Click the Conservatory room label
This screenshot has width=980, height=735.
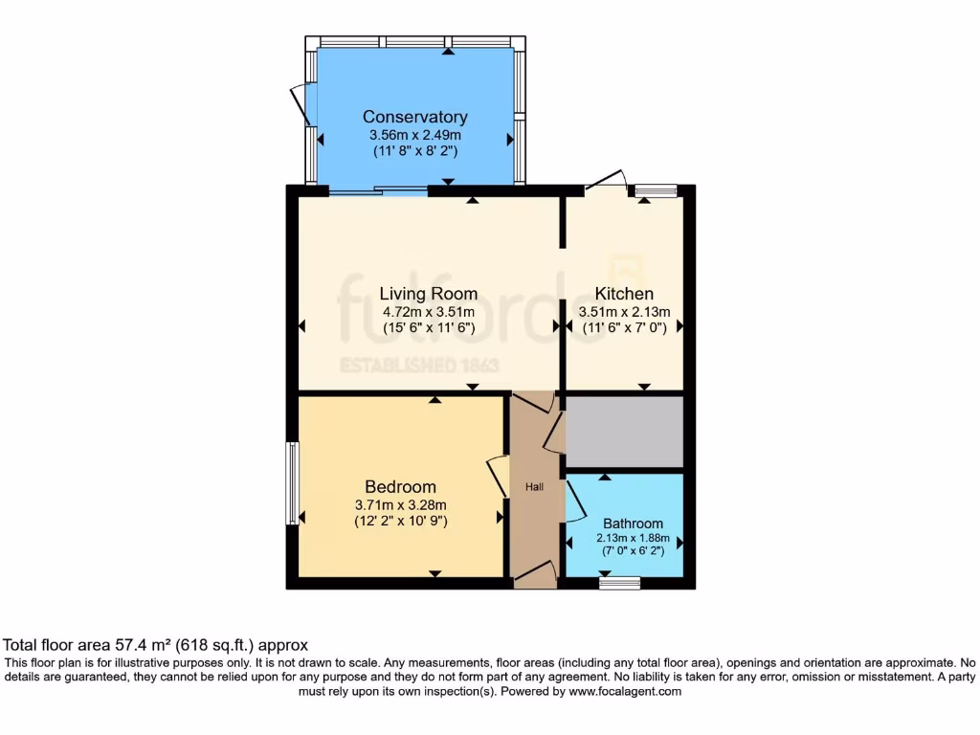[x=414, y=117]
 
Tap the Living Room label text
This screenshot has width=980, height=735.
[x=428, y=294]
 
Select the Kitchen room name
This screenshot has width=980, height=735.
[x=624, y=294]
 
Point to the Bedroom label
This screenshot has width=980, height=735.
[x=400, y=487]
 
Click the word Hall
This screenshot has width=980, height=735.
[x=534, y=487]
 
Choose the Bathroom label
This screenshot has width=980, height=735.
[x=633, y=523]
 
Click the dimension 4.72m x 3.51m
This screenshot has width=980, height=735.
[x=428, y=311]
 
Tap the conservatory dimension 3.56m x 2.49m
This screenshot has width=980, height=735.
[x=414, y=135]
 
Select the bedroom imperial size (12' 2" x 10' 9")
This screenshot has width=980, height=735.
[x=400, y=522]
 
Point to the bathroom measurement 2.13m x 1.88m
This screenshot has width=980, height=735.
[x=633, y=539]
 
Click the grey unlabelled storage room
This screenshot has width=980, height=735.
[x=624, y=432]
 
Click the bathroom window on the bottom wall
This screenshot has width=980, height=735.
[x=619, y=582]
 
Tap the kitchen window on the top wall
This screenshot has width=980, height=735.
[x=656, y=191]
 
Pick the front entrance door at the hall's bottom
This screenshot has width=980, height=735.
[x=535, y=576]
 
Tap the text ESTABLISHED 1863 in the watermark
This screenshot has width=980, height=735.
[x=428, y=365]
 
